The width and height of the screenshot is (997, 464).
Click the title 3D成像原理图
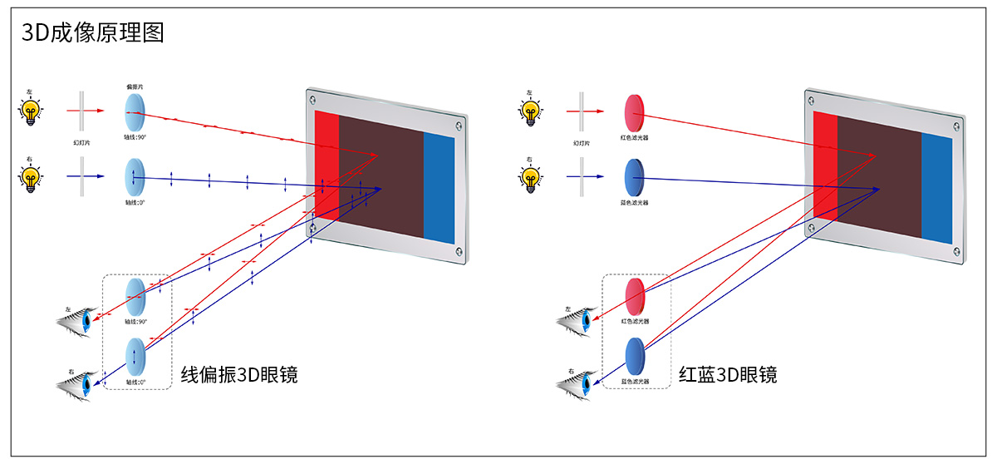tap(93, 32)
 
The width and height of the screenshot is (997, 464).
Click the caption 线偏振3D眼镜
tap(239, 374)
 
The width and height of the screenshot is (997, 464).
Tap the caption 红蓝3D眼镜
tap(728, 374)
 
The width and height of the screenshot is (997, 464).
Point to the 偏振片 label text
tap(135, 86)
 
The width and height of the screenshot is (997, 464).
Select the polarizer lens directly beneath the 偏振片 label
tap(135, 108)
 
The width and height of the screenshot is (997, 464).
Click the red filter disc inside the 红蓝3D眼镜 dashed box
tap(635, 296)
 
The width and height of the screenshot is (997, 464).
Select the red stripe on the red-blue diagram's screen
tap(825, 166)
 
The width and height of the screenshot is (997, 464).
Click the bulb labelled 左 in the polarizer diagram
tap(31, 111)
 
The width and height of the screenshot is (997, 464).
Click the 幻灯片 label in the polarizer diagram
tap(81, 143)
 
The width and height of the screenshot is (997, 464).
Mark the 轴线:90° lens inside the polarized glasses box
tap(135, 296)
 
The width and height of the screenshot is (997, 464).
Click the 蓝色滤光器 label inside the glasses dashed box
tap(635, 382)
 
